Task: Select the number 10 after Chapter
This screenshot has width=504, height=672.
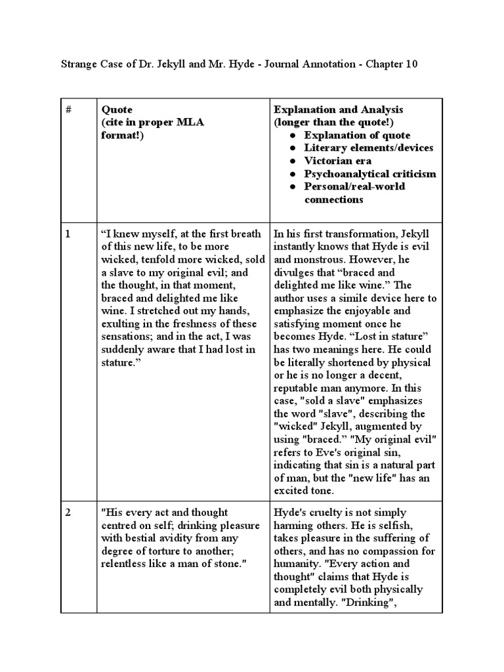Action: (x=410, y=64)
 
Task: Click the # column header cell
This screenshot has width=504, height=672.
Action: (x=68, y=110)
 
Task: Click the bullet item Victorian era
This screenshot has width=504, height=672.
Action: (x=337, y=161)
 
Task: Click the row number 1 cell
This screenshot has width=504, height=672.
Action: (x=68, y=234)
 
